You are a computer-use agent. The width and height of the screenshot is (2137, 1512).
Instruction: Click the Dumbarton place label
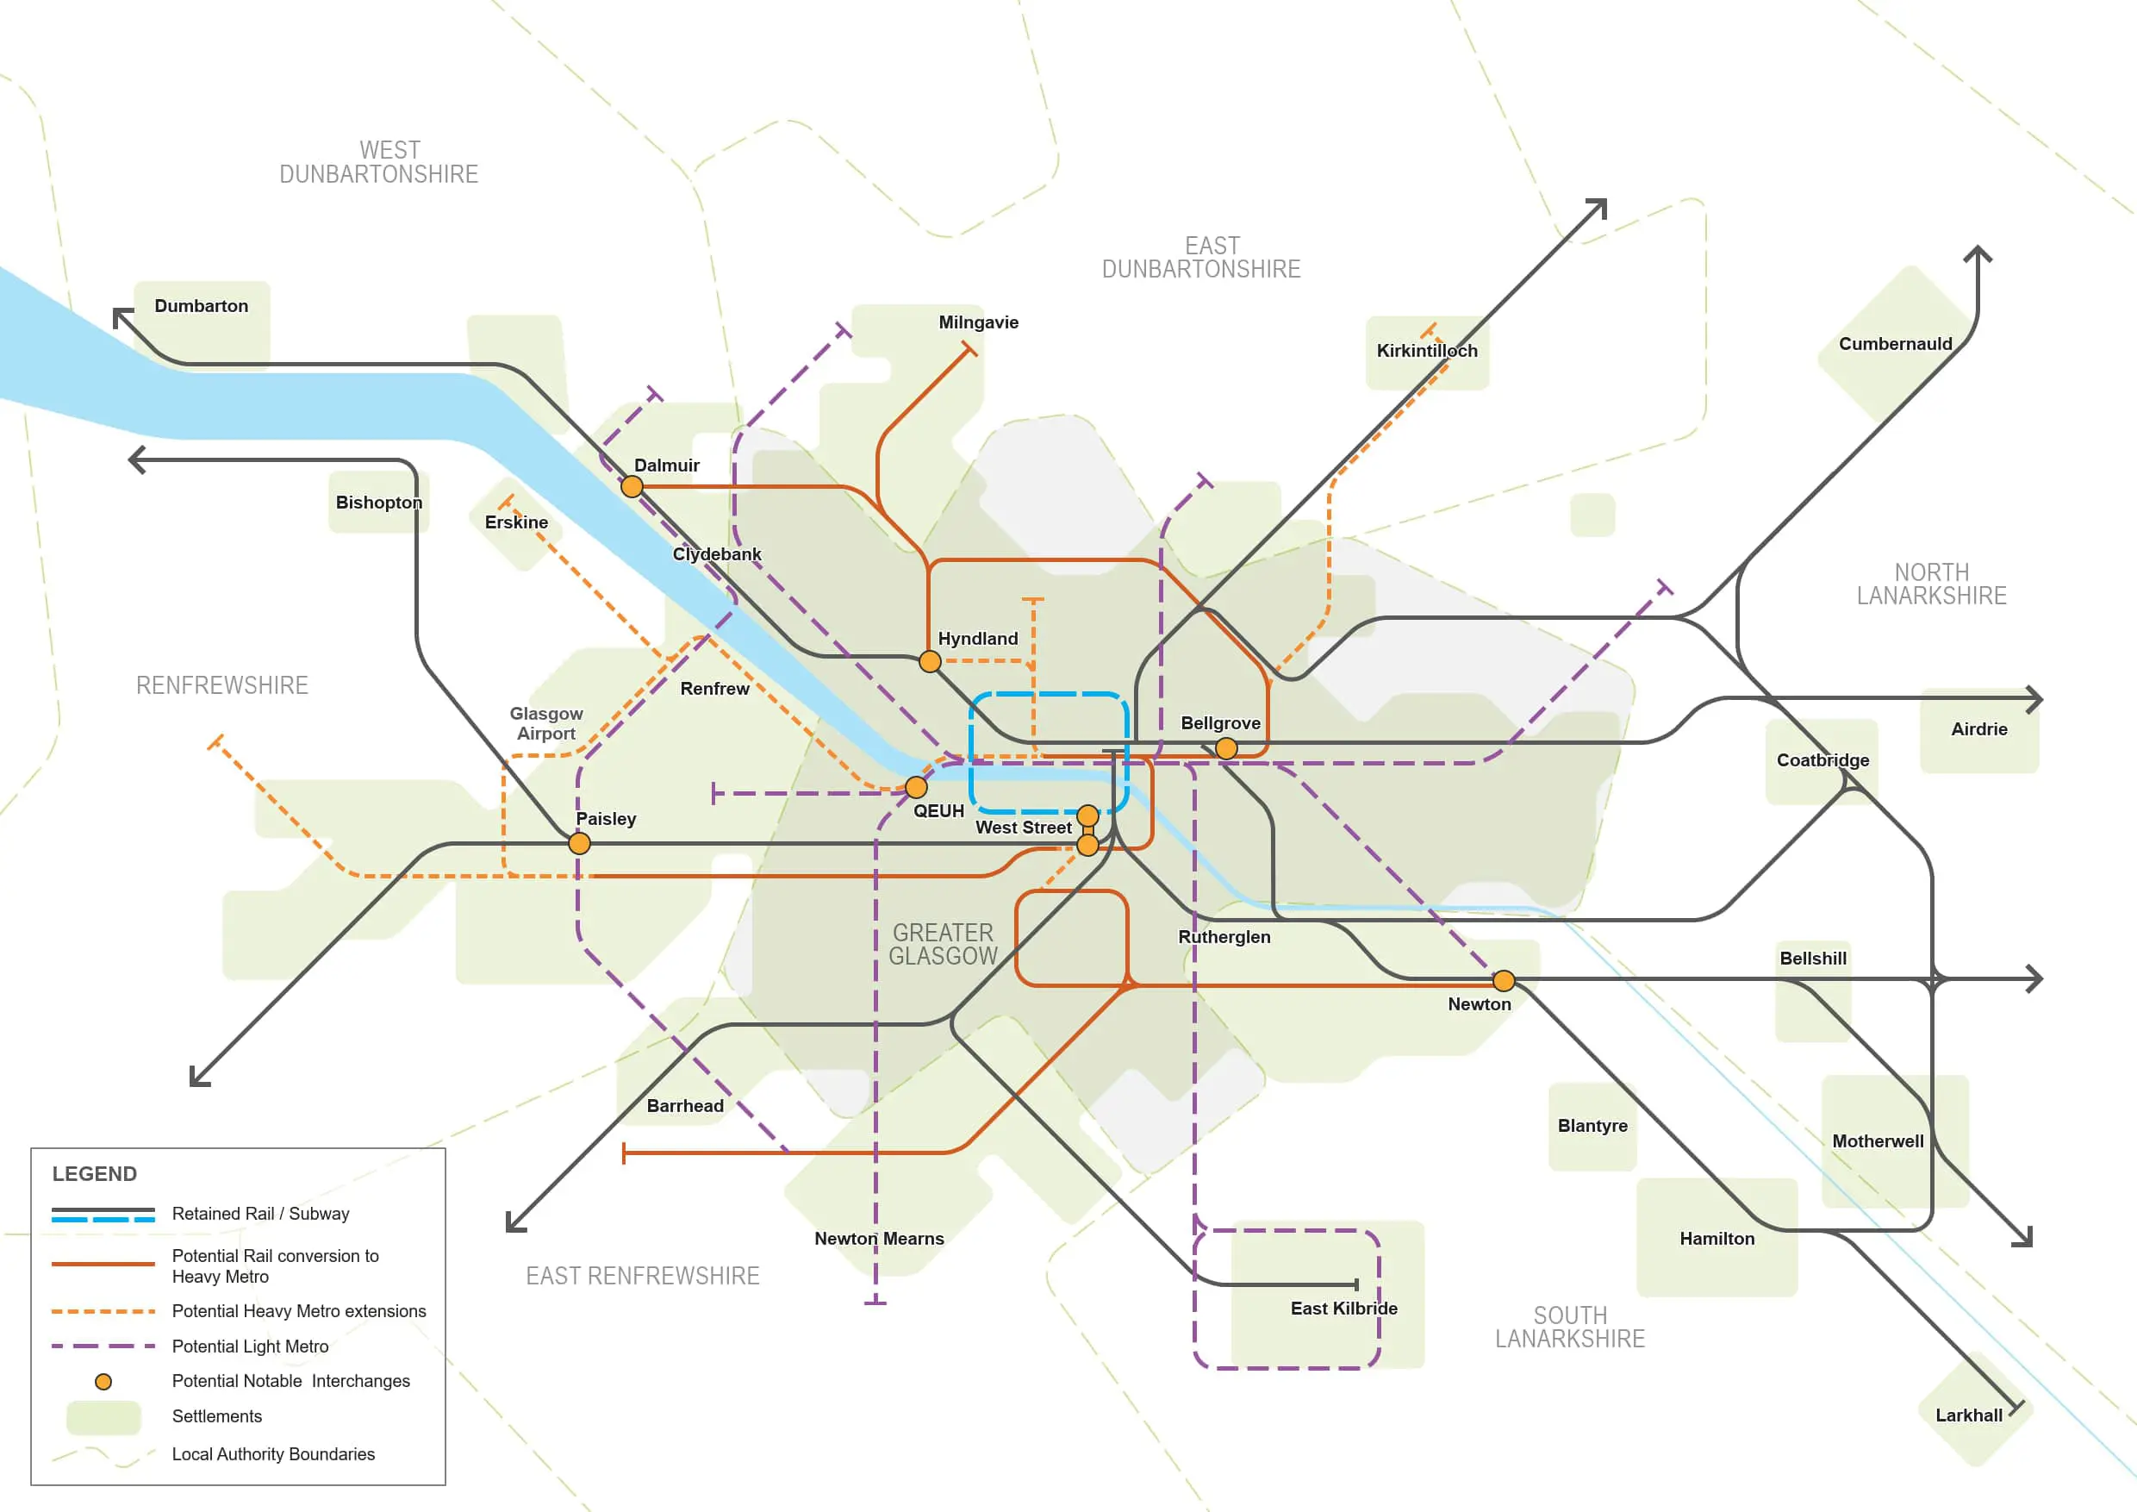click(x=201, y=306)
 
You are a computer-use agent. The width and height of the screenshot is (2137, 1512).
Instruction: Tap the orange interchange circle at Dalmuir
click(x=632, y=486)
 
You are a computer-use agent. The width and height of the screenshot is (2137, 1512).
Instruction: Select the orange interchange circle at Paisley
click(x=579, y=844)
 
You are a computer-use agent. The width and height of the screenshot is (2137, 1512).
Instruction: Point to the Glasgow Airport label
click(x=546, y=723)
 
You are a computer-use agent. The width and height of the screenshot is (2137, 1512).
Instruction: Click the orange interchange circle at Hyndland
click(x=930, y=662)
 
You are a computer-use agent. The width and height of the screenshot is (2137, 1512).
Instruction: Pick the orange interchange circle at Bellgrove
click(x=1227, y=748)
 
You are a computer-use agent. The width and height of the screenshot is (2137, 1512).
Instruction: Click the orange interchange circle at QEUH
click(x=916, y=788)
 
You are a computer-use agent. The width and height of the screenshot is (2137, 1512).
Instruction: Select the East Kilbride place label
click(x=1343, y=1308)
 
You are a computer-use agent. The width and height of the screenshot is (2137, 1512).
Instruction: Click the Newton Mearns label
click(x=879, y=1238)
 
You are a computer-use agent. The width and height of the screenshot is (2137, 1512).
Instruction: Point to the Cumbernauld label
click(x=1895, y=344)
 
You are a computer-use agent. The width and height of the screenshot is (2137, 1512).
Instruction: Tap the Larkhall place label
click(x=1968, y=1415)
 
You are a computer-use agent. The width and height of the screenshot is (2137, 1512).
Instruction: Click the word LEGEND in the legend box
click(x=94, y=1174)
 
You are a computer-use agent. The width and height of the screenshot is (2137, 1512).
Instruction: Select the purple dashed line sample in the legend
click(x=103, y=1346)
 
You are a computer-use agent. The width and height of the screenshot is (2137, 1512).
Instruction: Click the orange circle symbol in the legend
click(x=103, y=1382)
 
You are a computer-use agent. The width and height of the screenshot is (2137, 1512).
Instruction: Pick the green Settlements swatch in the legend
click(x=103, y=1417)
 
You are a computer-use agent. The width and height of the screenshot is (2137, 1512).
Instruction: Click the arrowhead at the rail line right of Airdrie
click(x=2034, y=698)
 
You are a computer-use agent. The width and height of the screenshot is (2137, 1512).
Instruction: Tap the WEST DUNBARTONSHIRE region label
click(x=379, y=162)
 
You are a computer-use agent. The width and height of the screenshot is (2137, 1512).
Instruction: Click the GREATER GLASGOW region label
click(x=943, y=944)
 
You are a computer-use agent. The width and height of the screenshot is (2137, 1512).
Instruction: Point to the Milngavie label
click(x=978, y=322)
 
